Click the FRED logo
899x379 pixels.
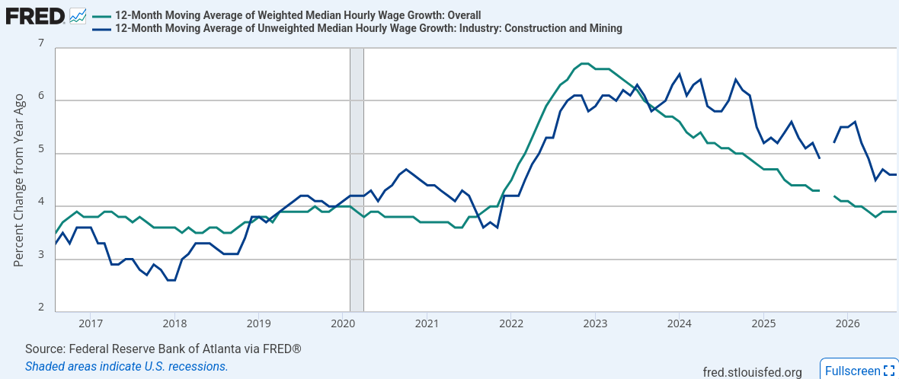pos(35,16)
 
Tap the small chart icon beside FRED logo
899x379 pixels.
pos(78,16)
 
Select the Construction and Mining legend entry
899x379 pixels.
pos(357,28)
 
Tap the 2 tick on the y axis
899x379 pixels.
pos(40,308)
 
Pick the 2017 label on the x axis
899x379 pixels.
pos(89,323)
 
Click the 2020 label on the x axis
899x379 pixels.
pos(342,323)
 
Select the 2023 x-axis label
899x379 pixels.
pos(594,323)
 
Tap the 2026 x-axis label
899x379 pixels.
pos(847,323)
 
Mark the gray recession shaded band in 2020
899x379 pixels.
pos(357,180)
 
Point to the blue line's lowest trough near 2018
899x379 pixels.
pos(171,280)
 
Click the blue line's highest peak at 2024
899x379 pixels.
pos(680,74)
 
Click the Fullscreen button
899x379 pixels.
pos(859,369)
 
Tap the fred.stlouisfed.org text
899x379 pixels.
pos(752,373)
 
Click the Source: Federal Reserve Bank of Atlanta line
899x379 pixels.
pos(163,349)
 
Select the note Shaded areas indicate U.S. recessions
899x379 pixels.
pos(126,366)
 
